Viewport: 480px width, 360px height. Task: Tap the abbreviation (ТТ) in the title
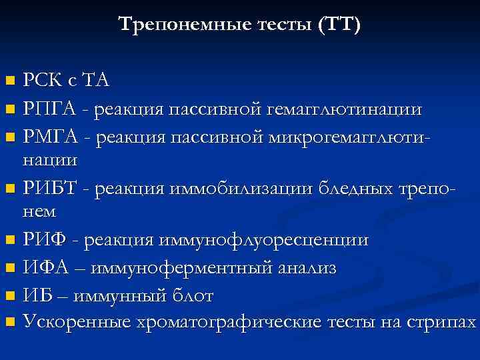tap(339, 25)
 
